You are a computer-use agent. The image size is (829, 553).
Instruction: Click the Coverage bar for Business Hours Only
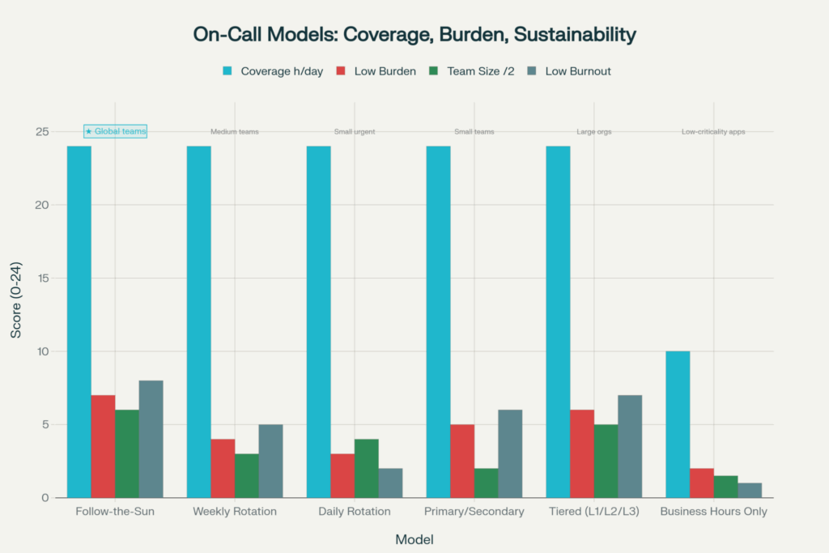(677, 424)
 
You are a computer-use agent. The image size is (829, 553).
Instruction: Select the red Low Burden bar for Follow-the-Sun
(103, 446)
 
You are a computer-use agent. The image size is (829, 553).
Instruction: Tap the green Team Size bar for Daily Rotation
(367, 468)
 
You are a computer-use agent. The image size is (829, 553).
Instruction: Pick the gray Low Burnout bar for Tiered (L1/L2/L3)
(630, 446)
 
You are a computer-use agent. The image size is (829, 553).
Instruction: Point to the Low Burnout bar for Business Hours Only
(750, 490)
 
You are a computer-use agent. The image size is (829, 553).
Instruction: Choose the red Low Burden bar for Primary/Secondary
(462, 461)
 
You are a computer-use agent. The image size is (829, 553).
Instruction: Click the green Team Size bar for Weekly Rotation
(247, 475)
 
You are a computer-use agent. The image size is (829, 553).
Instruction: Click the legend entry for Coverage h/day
(273, 71)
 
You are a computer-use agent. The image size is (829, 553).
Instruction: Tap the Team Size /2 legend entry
(474, 71)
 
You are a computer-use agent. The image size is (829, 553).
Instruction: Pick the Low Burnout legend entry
(569, 71)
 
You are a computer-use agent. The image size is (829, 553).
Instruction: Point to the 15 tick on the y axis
(42, 279)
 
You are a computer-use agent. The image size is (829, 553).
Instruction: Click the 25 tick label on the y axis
(42, 132)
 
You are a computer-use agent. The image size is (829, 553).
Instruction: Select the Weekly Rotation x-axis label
(235, 512)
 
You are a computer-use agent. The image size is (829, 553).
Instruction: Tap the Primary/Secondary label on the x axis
(474, 512)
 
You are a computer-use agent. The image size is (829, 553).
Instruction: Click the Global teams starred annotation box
(115, 131)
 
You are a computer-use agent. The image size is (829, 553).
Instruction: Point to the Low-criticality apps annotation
(713, 132)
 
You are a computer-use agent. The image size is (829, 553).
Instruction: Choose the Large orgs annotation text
(593, 132)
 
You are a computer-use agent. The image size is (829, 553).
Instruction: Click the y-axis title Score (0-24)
(17, 314)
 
